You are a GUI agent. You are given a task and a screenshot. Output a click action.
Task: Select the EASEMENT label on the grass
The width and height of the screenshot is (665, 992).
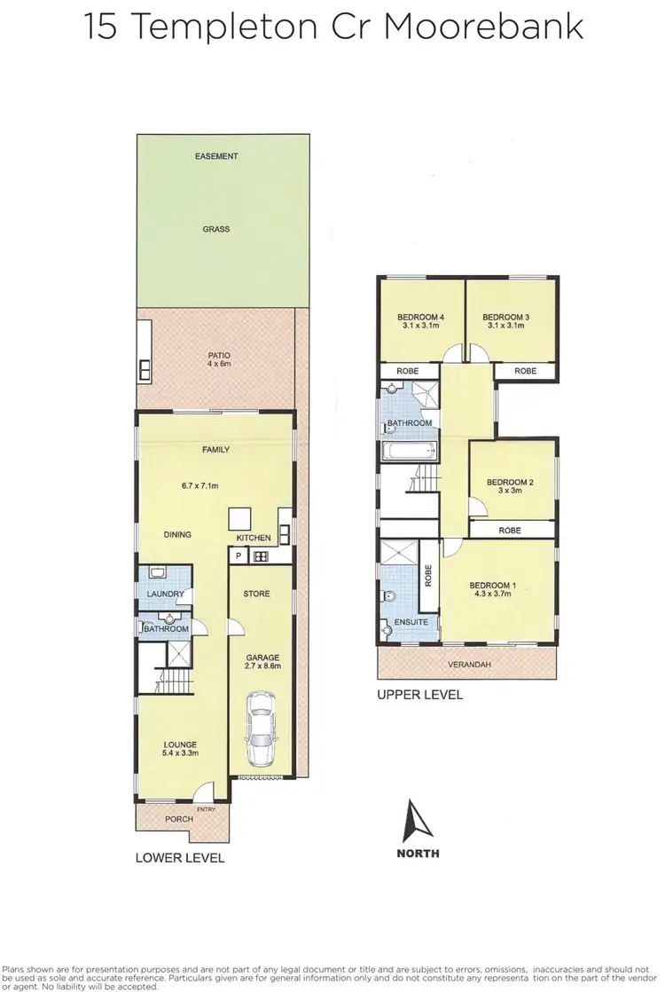tap(216, 156)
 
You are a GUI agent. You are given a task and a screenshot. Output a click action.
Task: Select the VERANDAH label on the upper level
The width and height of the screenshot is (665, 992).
tap(470, 664)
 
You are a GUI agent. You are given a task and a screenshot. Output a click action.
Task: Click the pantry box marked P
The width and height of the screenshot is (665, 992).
tap(238, 556)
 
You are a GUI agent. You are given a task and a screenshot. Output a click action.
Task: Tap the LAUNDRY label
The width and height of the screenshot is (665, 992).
tap(165, 594)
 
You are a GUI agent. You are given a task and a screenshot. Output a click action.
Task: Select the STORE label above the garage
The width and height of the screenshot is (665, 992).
tap(257, 594)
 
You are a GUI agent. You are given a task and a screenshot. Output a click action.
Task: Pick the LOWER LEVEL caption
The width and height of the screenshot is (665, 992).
tap(179, 858)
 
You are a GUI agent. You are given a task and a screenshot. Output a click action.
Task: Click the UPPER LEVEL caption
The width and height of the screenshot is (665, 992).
tap(420, 695)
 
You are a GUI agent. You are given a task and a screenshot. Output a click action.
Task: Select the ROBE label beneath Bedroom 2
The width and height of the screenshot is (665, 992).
tap(510, 530)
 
